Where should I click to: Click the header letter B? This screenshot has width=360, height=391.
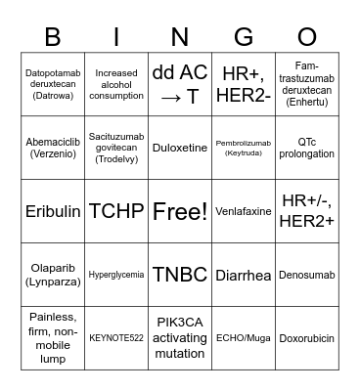(x=53, y=36)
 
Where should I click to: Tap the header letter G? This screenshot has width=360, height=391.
(x=244, y=36)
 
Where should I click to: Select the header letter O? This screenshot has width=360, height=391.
(x=306, y=36)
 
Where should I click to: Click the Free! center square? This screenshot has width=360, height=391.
(x=180, y=211)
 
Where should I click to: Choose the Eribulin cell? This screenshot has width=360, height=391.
(x=53, y=211)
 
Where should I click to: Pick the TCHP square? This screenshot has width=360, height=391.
(x=116, y=211)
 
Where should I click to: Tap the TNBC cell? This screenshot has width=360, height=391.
(x=180, y=275)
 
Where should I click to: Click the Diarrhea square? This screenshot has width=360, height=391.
(x=244, y=275)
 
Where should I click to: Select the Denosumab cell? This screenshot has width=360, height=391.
(x=306, y=275)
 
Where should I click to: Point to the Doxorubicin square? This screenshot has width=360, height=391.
(x=306, y=338)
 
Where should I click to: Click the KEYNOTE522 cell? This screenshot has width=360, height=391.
(x=116, y=338)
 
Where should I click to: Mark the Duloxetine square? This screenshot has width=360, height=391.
(x=180, y=148)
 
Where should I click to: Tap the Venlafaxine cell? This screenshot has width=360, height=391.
(x=244, y=211)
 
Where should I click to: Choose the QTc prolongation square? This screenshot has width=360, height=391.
(x=306, y=148)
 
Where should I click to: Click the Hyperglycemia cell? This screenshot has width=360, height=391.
(x=116, y=275)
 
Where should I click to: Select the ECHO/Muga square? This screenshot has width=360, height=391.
(x=244, y=338)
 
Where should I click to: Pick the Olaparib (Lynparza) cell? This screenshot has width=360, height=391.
(x=53, y=275)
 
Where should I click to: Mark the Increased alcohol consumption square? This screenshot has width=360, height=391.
(x=116, y=84)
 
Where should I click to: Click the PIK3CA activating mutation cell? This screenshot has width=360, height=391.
(x=180, y=338)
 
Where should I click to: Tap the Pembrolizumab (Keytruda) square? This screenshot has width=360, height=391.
(x=244, y=148)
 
